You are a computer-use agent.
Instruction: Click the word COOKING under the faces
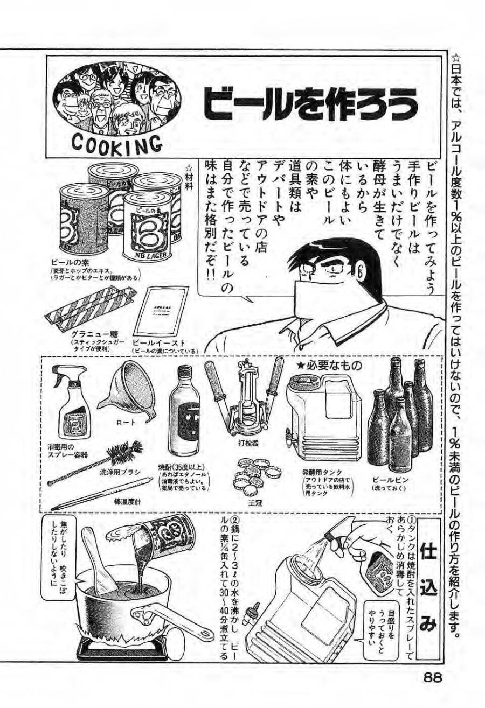tap(116, 144)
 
